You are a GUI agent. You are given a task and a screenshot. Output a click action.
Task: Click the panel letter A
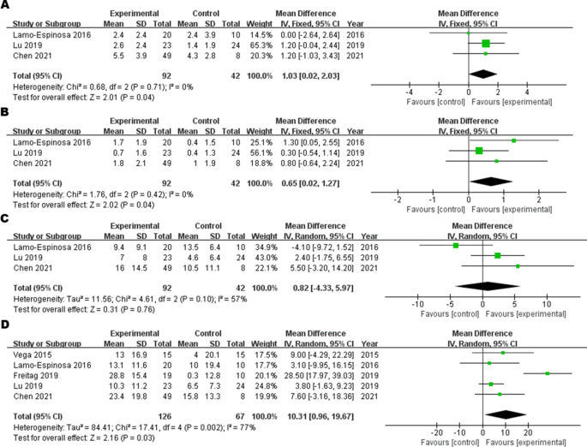(x=6, y=6)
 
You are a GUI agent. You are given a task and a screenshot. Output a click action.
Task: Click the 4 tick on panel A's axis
(x=527, y=92)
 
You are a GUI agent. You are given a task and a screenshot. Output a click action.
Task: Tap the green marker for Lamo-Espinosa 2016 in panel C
(x=456, y=245)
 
